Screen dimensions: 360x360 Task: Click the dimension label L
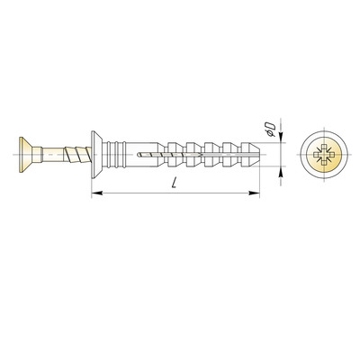(x=174, y=183)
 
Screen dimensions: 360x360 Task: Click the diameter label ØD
(x=271, y=129)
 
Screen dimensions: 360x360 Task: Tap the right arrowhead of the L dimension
(x=254, y=193)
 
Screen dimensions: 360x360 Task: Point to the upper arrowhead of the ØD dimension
(x=281, y=137)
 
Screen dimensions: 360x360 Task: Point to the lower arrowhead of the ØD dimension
(x=281, y=171)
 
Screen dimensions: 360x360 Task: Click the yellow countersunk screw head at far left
(x=26, y=155)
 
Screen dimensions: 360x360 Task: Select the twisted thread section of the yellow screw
(x=77, y=154)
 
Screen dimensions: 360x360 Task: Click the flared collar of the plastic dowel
(x=97, y=155)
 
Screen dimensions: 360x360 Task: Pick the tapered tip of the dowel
(x=256, y=155)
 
